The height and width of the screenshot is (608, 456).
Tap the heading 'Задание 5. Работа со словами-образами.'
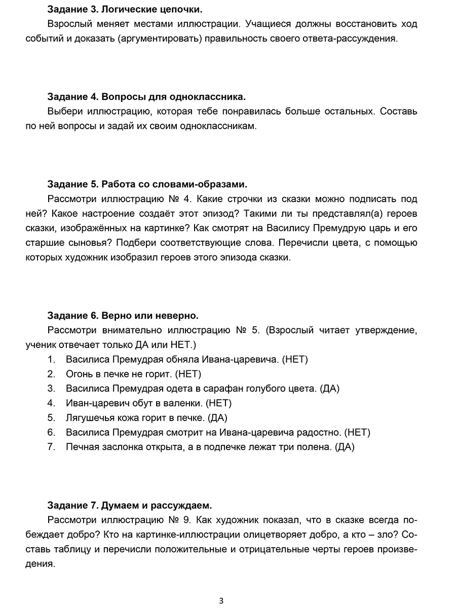[147, 183]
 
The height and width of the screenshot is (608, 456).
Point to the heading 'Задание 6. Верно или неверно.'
[123, 316]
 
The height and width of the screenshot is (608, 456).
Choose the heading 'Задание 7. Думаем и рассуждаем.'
[129, 505]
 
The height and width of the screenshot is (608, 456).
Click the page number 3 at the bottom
[221, 601]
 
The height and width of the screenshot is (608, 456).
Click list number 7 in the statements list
[51, 447]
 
